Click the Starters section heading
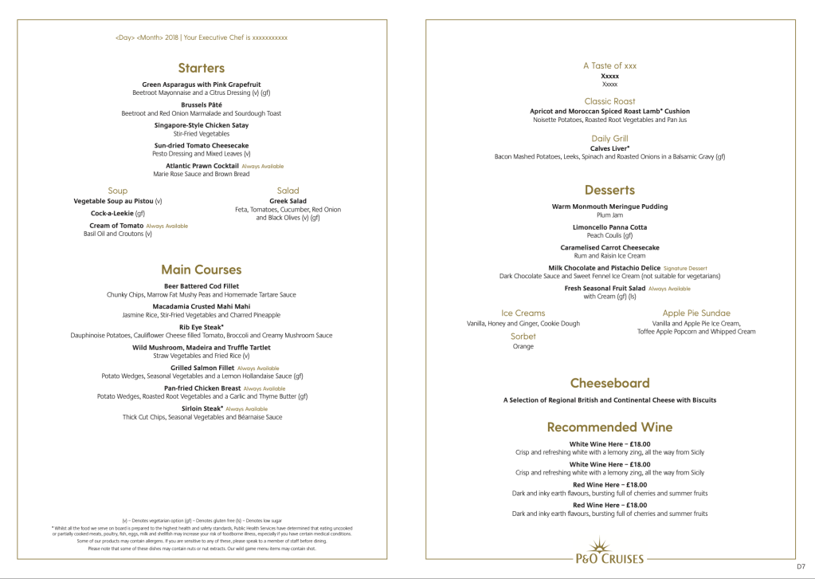pos(201,68)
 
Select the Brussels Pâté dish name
pos(201,105)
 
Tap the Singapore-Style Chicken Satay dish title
pos(201,125)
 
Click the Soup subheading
pos(117,191)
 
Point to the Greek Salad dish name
pos(288,201)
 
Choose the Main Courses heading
pos(201,270)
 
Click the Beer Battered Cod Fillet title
pos(201,286)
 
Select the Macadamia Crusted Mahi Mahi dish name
pos(201,306)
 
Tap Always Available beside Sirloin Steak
pos(246,409)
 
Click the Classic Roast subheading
pos(609,101)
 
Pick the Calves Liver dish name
pos(609,148)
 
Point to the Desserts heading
pos(609,190)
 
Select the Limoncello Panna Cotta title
pos(609,227)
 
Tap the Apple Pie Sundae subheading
pos(695,313)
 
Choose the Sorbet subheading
pos(523,337)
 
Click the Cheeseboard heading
pos(609,383)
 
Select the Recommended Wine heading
pos(609,427)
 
